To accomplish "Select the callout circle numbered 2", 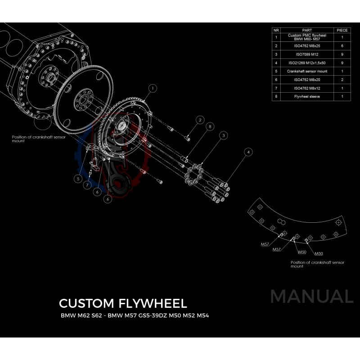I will click(200, 120).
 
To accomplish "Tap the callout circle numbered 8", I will click(209, 127).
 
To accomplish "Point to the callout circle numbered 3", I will click(222, 135).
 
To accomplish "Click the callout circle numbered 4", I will click(247, 153).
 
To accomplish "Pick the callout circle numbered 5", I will click(78, 179).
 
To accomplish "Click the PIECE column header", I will click(342, 30).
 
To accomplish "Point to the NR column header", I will click(276, 30).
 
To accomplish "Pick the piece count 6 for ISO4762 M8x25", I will click(342, 46).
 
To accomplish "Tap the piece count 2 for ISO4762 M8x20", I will click(342, 79).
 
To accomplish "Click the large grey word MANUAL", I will click(311, 297).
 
